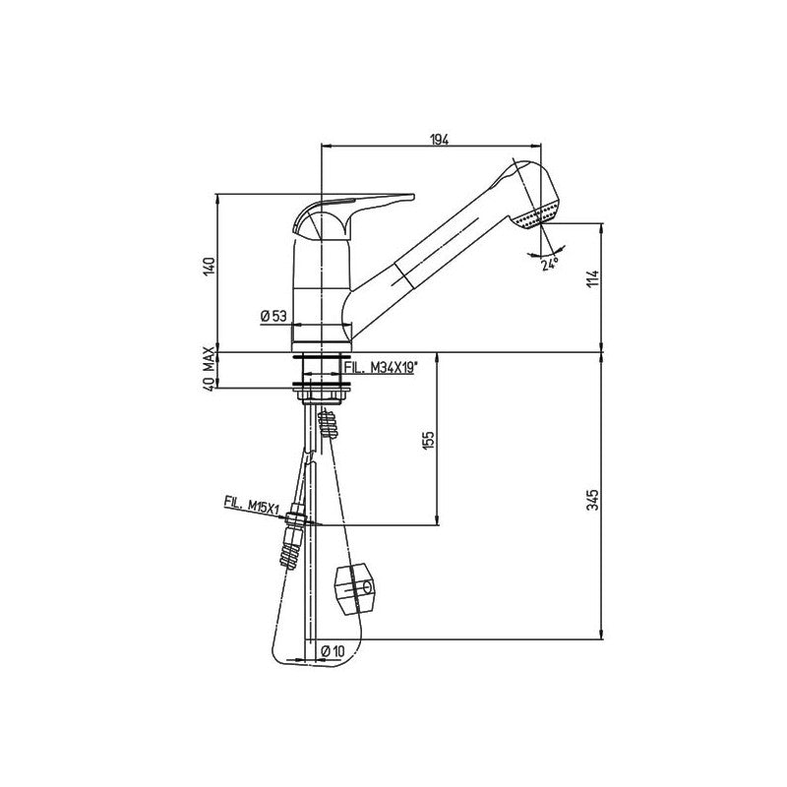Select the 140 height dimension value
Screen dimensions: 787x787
tap(209, 268)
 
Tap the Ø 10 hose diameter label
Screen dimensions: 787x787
tap(334, 650)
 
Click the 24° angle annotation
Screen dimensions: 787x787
tap(548, 263)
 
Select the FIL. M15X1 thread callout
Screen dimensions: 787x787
tap(252, 503)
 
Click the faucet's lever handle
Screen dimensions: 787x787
tap(359, 204)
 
